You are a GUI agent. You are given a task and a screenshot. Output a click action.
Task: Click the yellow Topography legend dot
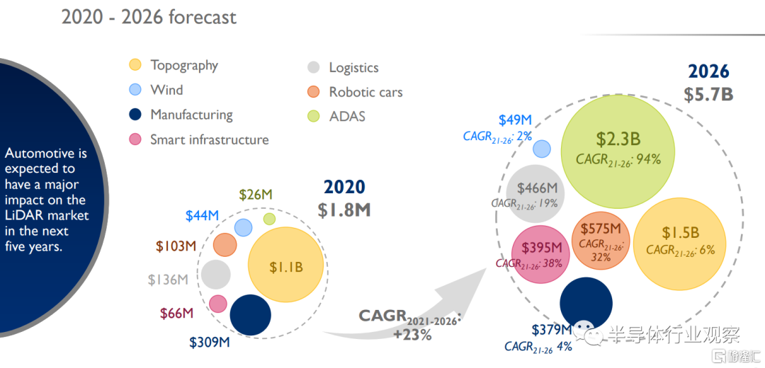point(135,65)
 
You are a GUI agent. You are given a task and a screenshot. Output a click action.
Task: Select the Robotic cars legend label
point(365,92)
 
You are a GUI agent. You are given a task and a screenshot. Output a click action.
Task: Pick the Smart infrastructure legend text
point(209,139)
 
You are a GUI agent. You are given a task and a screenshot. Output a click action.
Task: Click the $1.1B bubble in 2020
point(285,266)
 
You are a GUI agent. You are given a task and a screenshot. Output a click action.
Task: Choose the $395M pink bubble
point(541,253)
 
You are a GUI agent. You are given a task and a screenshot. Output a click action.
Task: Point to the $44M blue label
point(202,216)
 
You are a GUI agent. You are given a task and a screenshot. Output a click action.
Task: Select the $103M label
point(176,246)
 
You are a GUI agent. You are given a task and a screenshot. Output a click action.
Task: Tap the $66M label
point(177,313)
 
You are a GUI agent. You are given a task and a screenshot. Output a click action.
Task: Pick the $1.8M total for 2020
point(344,209)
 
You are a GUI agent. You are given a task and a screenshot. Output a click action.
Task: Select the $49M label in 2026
point(515,120)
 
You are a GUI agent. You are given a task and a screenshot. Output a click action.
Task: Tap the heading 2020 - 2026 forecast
point(149,16)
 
